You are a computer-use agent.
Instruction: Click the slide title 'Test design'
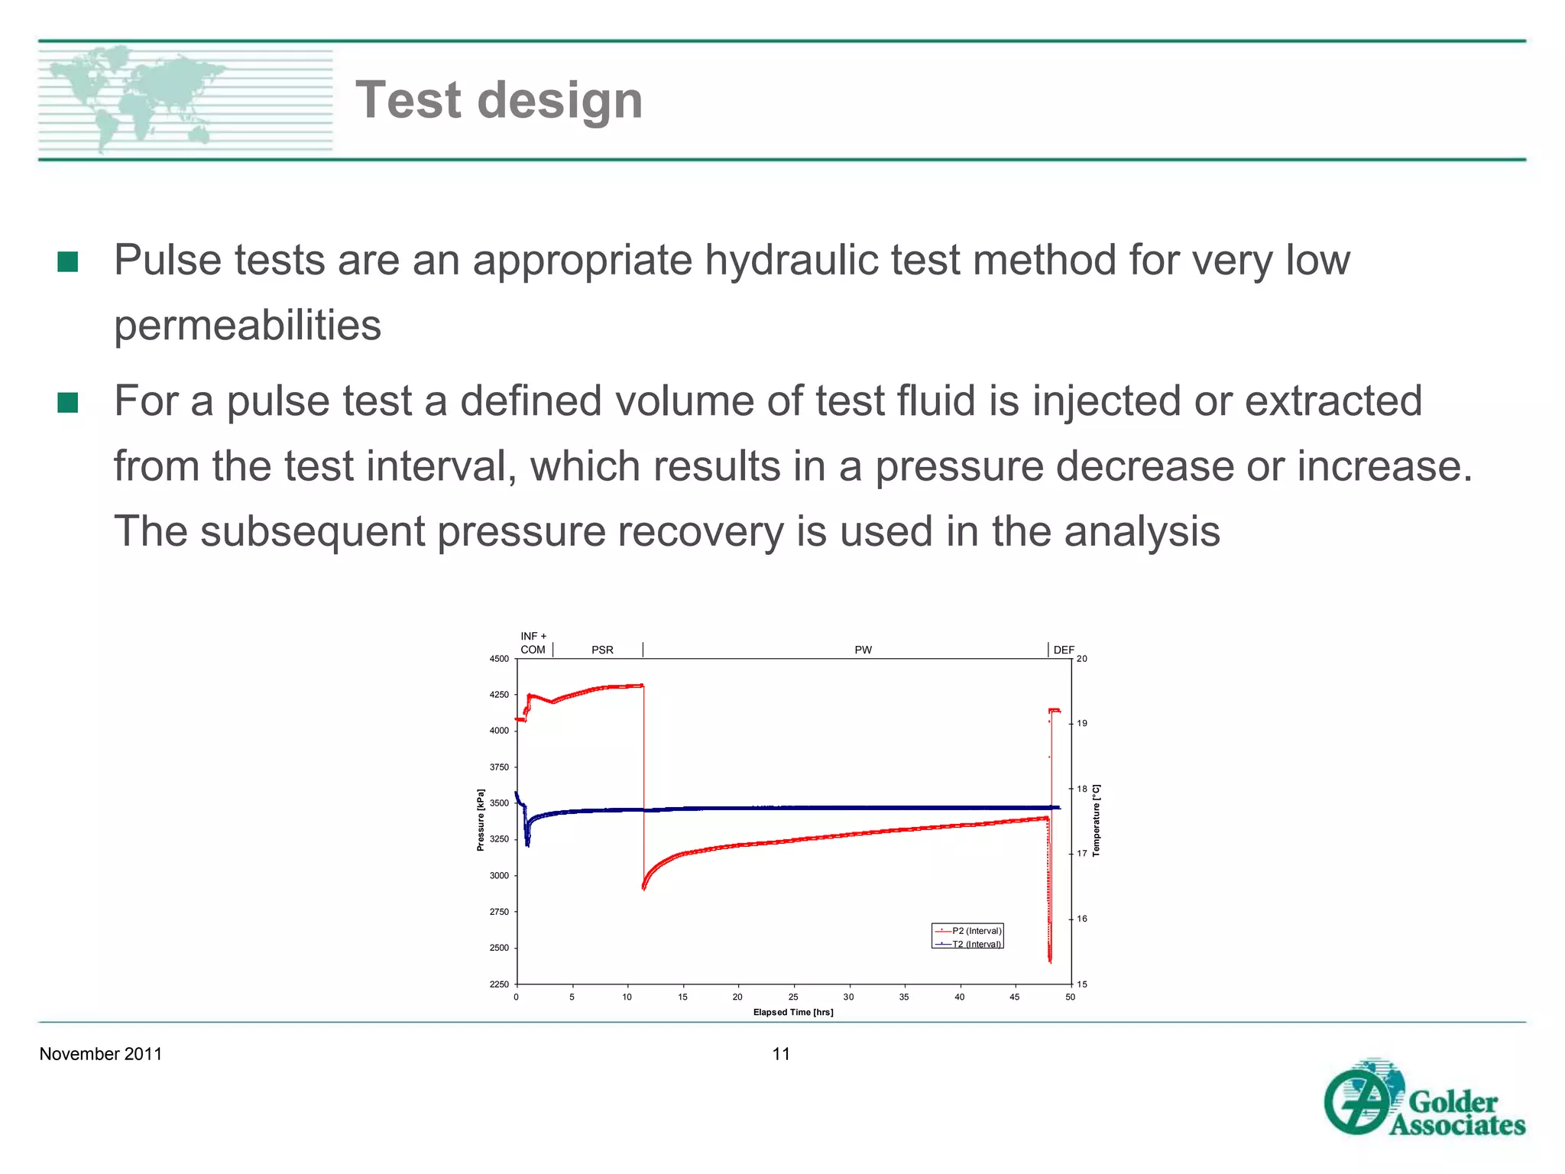pyautogui.click(x=499, y=100)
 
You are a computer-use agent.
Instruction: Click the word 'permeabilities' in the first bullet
pyautogui.click(x=247, y=325)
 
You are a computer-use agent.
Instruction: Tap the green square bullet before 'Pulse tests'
pyautogui.click(x=68, y=261)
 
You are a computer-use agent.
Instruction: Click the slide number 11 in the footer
pyautogui.click(x=781, y=1054)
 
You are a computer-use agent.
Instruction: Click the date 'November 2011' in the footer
pyautogui.click(x=100, y=1054)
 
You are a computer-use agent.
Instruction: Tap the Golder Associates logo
pyautogui.click(x=1424, y=1098)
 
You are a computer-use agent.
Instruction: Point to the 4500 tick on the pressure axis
pyautogui.click(x=499, y=659)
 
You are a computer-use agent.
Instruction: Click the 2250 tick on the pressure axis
pyautogui.click(x=499, y=984)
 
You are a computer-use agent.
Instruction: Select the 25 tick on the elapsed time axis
pyautogui.click(x=793, y=997)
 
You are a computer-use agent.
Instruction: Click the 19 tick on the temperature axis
pyautogui.click(x=1082, y=723)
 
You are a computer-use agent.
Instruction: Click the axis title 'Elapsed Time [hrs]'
pyautogui.click(x=793, y=1013)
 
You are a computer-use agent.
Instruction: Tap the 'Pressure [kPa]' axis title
pyautogui.click(x=481, y=820)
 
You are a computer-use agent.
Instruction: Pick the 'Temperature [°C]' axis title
pyautogui.click(x=1096, y=820)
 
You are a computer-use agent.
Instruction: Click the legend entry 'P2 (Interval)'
pyautogui.click(x=976, y=931)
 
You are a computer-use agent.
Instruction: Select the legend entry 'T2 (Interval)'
pyautogui.click(x=976, y=945)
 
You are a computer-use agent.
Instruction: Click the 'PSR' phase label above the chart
pyautogui.click(x=602, y=650)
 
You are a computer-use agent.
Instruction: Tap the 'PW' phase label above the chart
pyautogui.click(x=863, y=650)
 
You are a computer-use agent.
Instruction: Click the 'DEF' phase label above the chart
pyautogui.click(x=1064, y=650)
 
